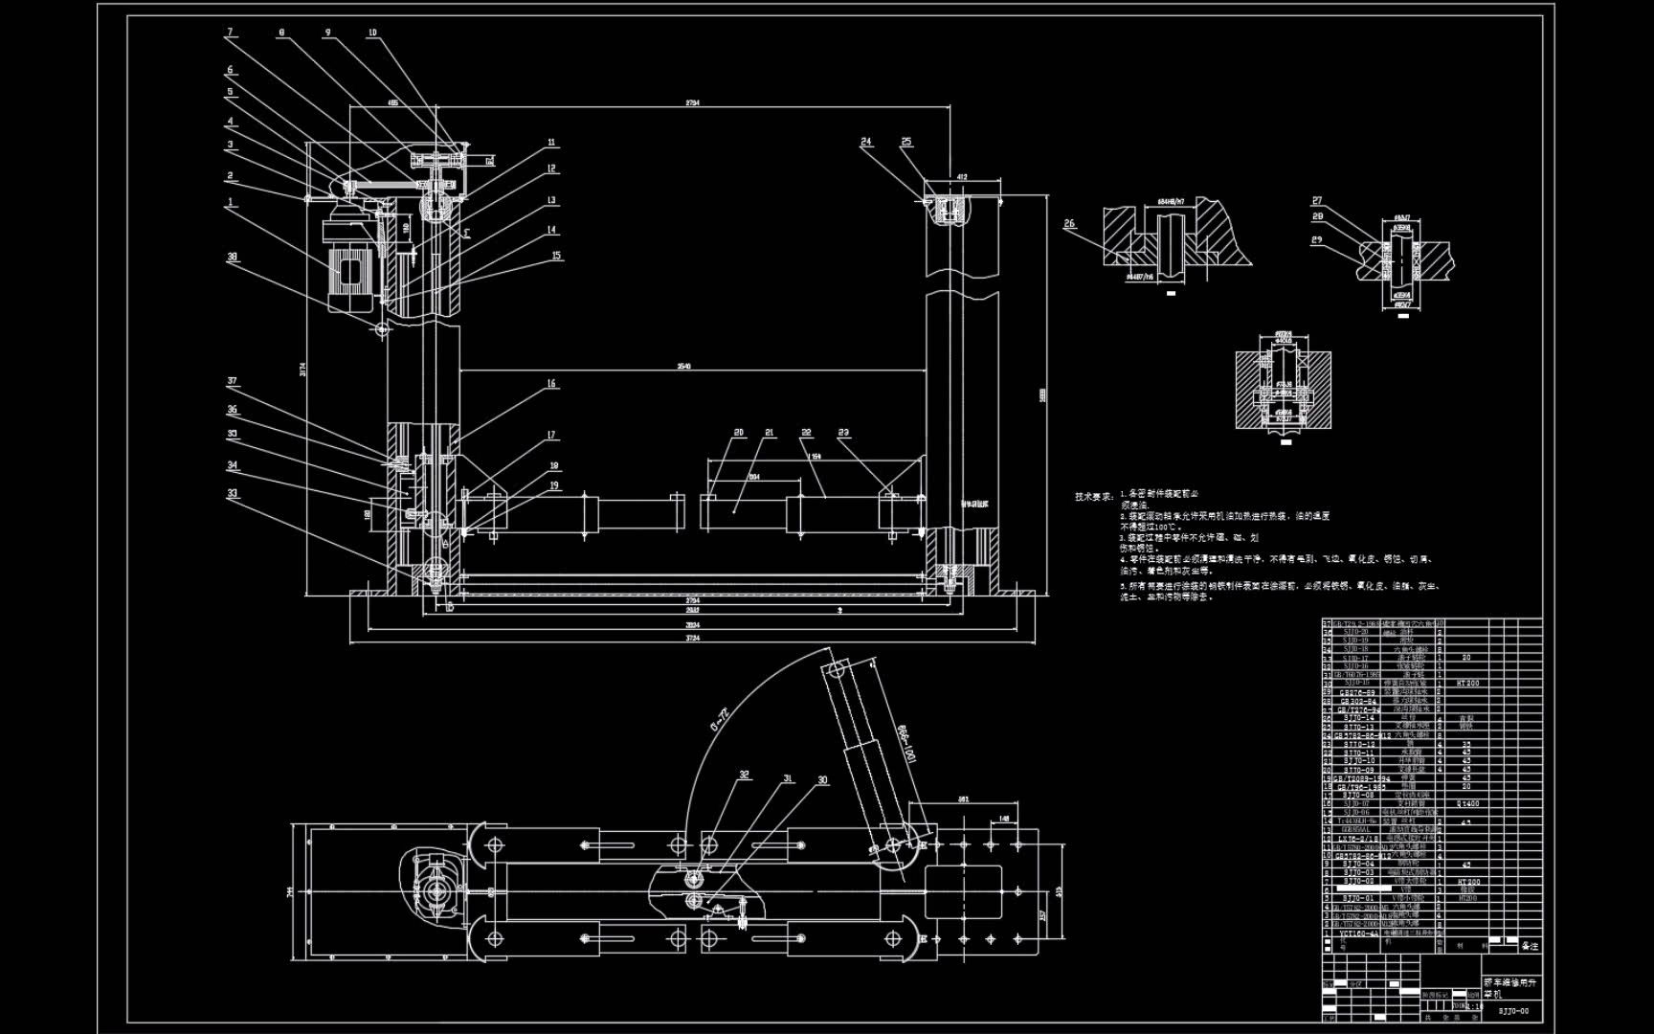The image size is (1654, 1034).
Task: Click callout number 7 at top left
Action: tap(230, 33)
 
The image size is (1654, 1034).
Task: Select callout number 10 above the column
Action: tap(373, 33)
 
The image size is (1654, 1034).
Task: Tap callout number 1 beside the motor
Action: tap(231, 202)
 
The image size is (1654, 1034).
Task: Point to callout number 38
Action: tap(232, 257)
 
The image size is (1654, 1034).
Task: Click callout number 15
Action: tap(556, 256)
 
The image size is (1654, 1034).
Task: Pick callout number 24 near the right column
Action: tap(866, 142)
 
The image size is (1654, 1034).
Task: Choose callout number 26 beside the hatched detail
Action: tap(1069, 224)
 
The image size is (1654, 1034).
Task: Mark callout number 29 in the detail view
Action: tap(1317, 239)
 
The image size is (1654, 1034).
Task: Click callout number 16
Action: tap(551, 384)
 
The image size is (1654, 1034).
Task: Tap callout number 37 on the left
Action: tap(232, 381)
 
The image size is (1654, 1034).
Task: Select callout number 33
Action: tap(232, 494)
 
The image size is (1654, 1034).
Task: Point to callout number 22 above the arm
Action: tap(806, 433)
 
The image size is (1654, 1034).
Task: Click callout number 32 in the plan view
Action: tap(744, 775)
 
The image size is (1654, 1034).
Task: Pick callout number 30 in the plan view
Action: tap(822, 780)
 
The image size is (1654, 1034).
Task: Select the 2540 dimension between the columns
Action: tap(682, 366)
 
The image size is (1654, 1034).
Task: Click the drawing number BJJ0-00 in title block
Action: tap(1513, 1011)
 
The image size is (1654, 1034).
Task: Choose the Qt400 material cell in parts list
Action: tap(1467, 804)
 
